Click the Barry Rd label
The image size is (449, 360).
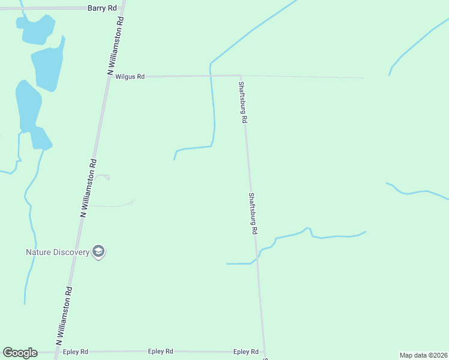click(101, 8)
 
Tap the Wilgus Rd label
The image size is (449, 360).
click(130, 77)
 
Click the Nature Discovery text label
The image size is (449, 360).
click(57, 252)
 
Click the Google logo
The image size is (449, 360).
click(20, 353)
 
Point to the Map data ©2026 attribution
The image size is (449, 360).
click(424, 355)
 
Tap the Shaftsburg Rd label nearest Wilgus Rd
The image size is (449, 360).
click(243, 102)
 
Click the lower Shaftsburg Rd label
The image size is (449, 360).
click(253, 213)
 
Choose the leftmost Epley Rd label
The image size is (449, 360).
click(76, 352)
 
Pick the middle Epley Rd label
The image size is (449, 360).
click(161, 352)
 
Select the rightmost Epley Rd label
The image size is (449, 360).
click(246, 352)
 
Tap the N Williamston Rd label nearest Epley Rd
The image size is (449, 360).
click(65, 314)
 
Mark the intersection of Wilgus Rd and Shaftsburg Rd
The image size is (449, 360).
click(241, 76)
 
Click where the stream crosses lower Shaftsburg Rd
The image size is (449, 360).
click(257, 257)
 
